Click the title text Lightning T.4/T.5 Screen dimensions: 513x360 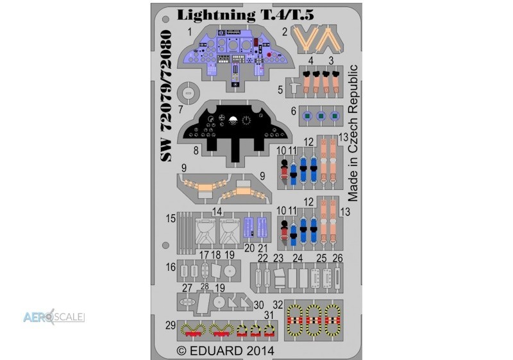click(x=246, y=15)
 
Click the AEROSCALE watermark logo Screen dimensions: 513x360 click(x=54, y=316)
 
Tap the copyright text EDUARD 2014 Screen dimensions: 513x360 click(x=226, y=351)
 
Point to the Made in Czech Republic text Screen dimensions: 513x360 click(x=353, y=133)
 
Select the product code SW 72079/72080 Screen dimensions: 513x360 click(x=166, y=96)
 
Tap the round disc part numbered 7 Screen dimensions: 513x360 click(x=188, y=93)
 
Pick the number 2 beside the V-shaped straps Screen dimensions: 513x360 click(x=285, y=31)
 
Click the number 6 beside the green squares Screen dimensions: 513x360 click(x=294, y=111)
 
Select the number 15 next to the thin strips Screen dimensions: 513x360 click(x=171, y=218)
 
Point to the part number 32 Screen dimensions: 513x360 click(x=278, y=305)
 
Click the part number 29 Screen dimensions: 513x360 click(x=171, y=325)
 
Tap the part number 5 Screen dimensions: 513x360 click(x=280, y=90)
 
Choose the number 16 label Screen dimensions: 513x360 click(x=171, y=267)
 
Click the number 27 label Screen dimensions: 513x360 click(x=187, y=288)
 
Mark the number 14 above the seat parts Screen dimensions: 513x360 click(x=217, y=212)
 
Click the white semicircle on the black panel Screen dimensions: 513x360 click(x=233, y=119)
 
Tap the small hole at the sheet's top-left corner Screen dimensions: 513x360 click(x=166, y=19)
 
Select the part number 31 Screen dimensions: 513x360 click(x=269, y=315)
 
